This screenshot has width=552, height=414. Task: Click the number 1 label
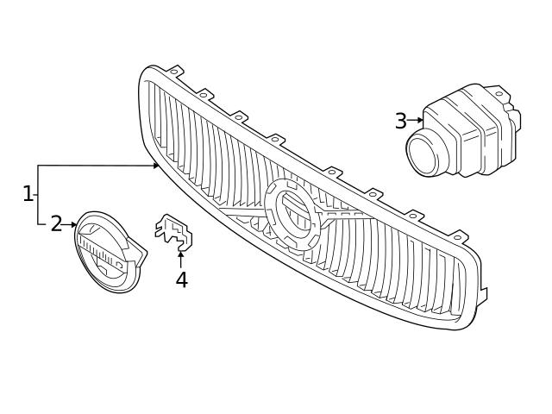click(28, 193)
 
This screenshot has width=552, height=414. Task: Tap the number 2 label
click(56, 224)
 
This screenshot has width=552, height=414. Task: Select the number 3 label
click(400, 121)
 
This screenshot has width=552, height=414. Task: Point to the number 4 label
click(181, 279)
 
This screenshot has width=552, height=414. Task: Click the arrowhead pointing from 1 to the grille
click(156, 165)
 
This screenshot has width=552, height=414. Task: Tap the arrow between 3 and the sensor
click(416, 121)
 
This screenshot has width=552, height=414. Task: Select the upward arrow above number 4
click(180, 259)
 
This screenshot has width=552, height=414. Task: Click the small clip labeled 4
click(173, 231)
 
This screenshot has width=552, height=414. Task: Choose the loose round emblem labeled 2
click(107, 252)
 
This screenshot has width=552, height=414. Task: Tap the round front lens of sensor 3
click(424, 155)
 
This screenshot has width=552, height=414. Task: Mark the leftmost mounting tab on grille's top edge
click(175, 70)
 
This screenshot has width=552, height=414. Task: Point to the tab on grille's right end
click(481, 296)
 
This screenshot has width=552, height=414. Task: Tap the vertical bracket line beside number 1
click(38, 194)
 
